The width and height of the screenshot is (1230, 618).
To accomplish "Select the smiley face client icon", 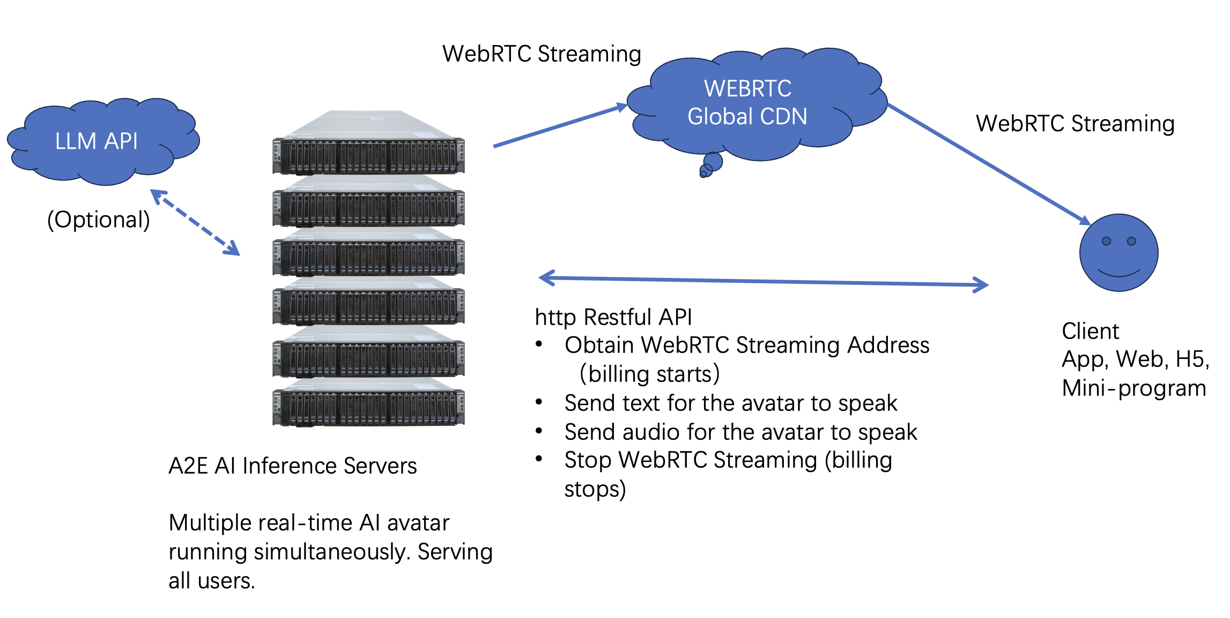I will pos(1118,253).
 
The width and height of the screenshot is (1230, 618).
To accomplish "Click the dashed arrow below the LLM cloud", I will pos(195,222).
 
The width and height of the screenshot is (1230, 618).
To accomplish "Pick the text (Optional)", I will pos(99,220).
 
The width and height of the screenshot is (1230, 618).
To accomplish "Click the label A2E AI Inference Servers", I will pos(292,466).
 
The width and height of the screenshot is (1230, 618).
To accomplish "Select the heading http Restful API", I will pos(613,317).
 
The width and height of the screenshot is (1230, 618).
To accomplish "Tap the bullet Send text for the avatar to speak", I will pos(730,403).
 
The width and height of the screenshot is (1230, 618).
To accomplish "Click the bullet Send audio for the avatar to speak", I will pos(740,432).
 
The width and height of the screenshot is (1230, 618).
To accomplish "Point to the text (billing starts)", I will pos(649,374).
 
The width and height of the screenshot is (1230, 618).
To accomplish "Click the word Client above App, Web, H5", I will pos(1090,331).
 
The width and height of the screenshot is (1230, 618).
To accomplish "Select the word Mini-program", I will pos(1133,388).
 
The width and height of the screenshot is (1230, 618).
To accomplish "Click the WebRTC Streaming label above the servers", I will pos(542,54).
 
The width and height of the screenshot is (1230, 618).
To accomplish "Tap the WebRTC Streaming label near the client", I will pos(1075,123).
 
